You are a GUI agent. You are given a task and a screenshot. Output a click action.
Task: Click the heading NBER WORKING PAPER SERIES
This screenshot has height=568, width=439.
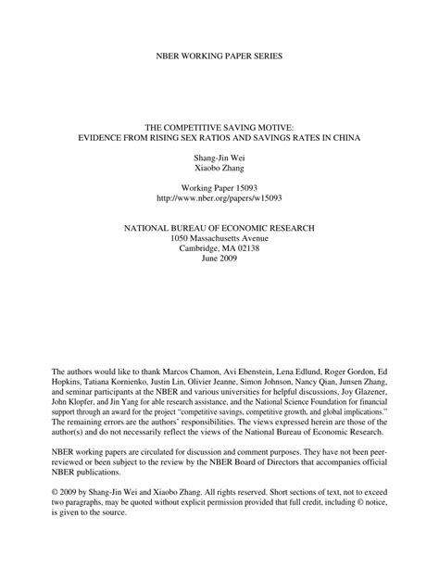click(x=219, y=57)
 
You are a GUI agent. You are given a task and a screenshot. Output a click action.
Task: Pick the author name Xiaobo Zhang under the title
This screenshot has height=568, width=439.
click(x=219, y=172)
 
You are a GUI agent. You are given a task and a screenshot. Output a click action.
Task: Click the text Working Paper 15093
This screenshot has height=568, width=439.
click(x=219, y=188)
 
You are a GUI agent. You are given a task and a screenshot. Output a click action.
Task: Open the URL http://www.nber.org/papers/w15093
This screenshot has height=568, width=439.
click(x=219, y=200)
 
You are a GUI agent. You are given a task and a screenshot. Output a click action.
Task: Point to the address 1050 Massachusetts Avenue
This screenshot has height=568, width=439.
click(x=219, y=239)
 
